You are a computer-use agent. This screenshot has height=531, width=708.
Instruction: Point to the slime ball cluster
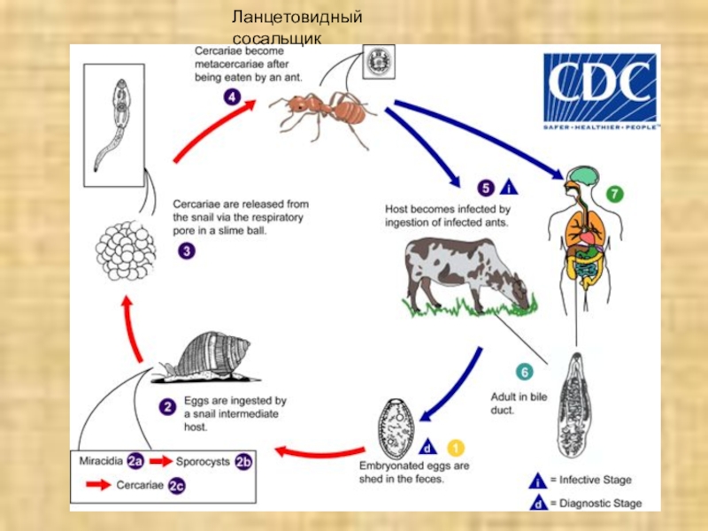coord(126,251)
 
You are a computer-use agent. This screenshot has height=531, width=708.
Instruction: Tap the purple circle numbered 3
coord(186,251)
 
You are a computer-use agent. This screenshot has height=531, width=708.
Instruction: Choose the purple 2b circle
coord(243,461)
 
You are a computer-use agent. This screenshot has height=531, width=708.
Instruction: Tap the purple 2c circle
coord(176,483)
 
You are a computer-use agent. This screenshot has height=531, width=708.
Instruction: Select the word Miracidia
coord(101,461)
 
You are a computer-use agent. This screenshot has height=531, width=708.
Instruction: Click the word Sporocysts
coord(203,461)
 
